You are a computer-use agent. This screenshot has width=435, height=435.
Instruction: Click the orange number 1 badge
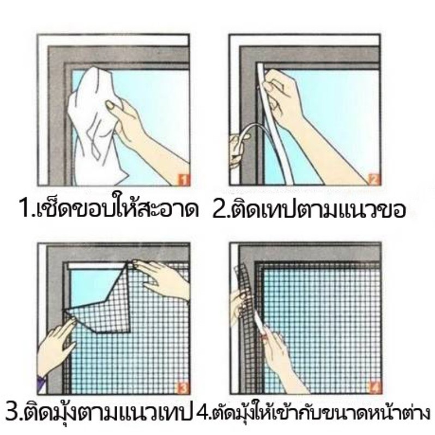[183, 179]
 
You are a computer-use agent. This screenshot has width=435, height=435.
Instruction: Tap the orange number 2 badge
[374, 179]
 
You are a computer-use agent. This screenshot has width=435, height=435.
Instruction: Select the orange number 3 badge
[183, 388]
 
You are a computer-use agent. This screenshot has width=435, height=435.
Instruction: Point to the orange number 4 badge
[374, 388]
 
